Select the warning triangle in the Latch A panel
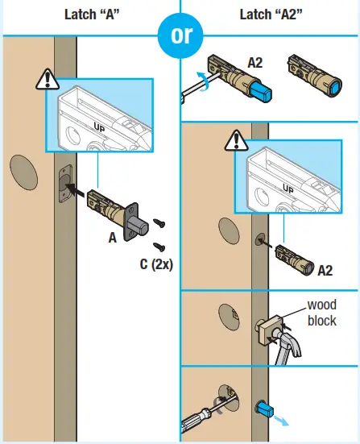click(46, 80)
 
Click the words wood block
click(322, 313)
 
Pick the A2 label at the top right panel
click(255, 62)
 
